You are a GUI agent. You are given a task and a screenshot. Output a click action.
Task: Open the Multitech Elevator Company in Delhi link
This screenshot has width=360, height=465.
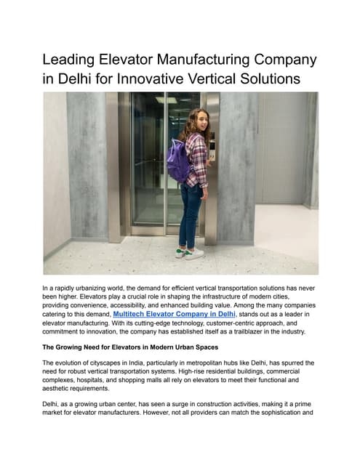point(174,314)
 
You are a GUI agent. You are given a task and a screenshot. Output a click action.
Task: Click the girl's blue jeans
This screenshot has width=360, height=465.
point(192,214)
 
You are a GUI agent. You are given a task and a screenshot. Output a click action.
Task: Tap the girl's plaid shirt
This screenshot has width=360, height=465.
point(196,160)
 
